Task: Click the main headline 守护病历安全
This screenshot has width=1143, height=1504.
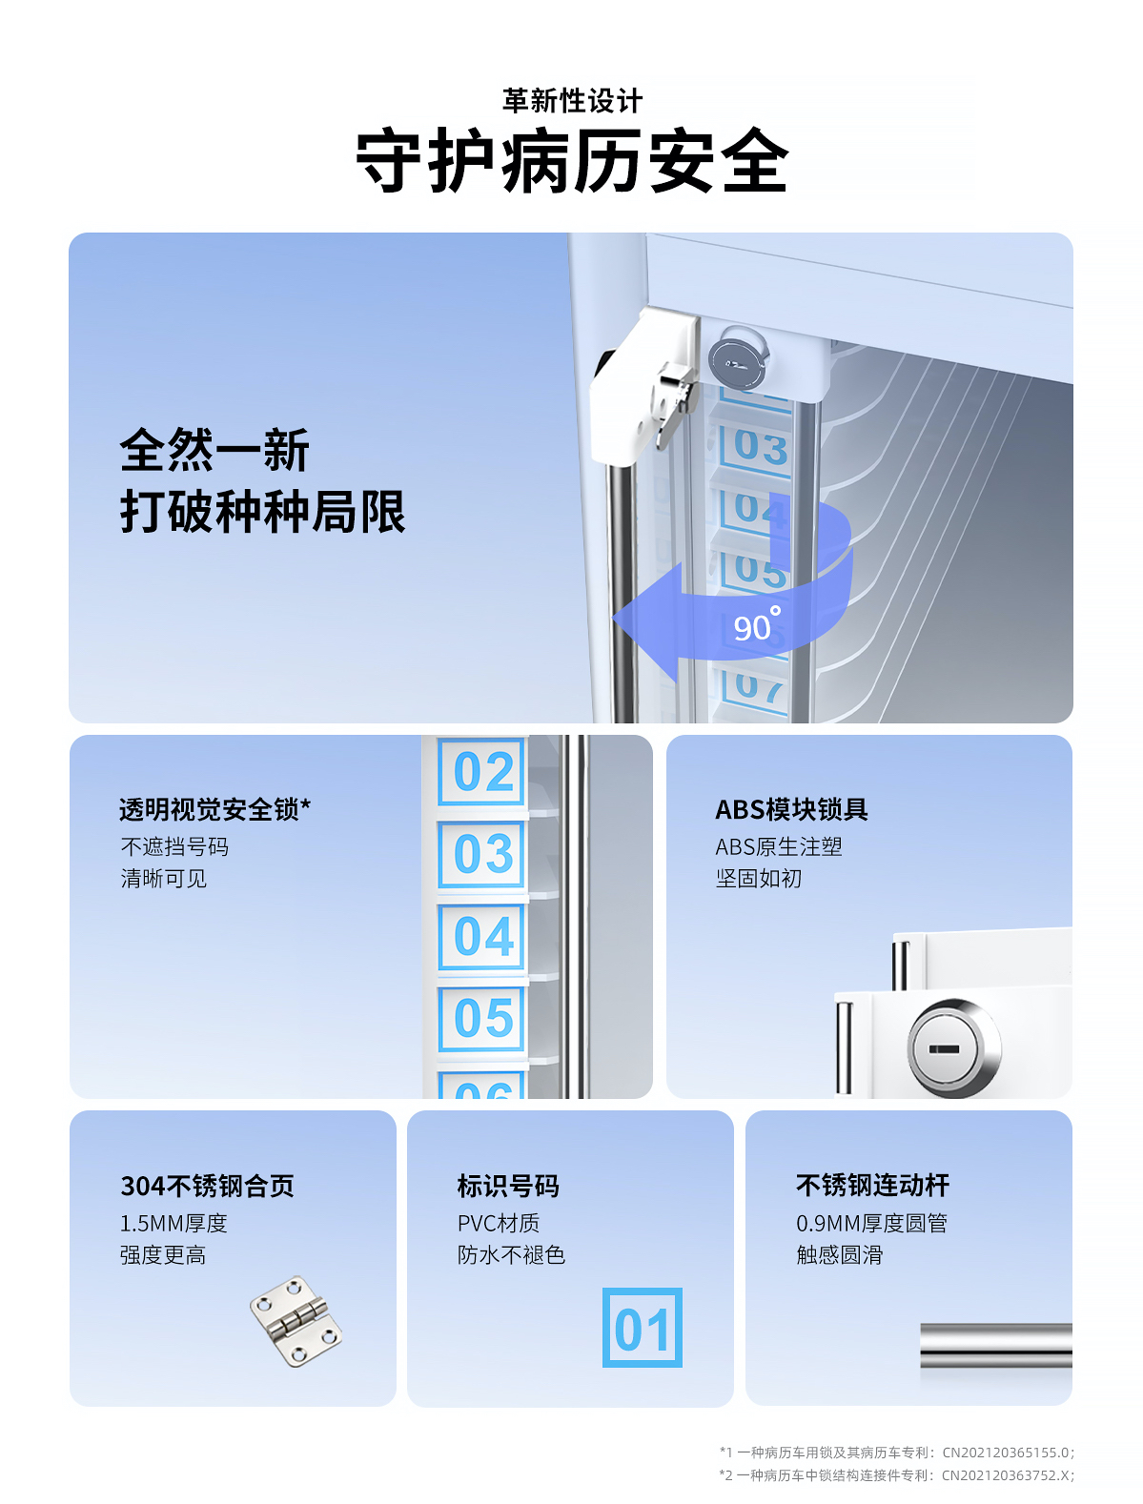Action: point(572,160)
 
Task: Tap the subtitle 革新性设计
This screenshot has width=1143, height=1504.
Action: point(572,101)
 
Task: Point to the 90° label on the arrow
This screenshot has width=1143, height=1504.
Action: point(757,625)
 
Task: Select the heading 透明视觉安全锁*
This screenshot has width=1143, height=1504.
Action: point(214,809)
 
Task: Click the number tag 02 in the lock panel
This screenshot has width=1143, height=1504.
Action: point(482,771)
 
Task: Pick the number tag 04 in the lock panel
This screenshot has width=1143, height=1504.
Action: point(482,936)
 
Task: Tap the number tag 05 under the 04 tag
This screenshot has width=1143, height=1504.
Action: point(482,1018)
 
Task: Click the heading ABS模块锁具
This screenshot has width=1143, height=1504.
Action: point(791,809)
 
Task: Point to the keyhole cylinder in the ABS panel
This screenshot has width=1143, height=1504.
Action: point(953,1048)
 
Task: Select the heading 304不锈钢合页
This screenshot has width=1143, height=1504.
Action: point(207,1186)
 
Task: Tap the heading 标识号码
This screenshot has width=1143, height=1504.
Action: point(508,1186)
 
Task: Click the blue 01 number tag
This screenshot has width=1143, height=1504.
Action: point(643,1328)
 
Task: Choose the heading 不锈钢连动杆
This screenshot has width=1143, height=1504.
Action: point(872,1185)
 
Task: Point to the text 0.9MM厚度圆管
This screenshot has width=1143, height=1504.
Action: point(871,1223)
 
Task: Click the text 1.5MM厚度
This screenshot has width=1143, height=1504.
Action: point(173,1223)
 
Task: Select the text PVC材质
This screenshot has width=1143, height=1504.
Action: point(499,1223)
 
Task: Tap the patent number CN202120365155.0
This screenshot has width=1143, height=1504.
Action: point(1006,1452)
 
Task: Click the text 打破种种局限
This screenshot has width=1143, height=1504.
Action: point(263,511)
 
